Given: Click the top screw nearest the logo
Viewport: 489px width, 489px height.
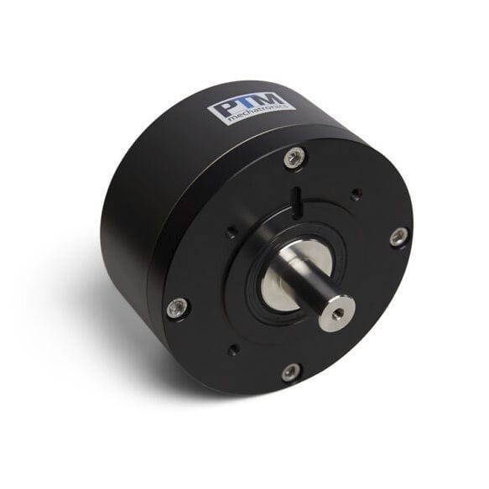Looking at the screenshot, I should (x=293, y=157).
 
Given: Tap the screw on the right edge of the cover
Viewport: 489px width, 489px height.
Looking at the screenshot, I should (x=398, y=237).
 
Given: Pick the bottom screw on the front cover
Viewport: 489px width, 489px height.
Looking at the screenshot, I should (x=290, y=370).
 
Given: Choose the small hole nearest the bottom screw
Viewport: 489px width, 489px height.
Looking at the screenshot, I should (x=233, y=350).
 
